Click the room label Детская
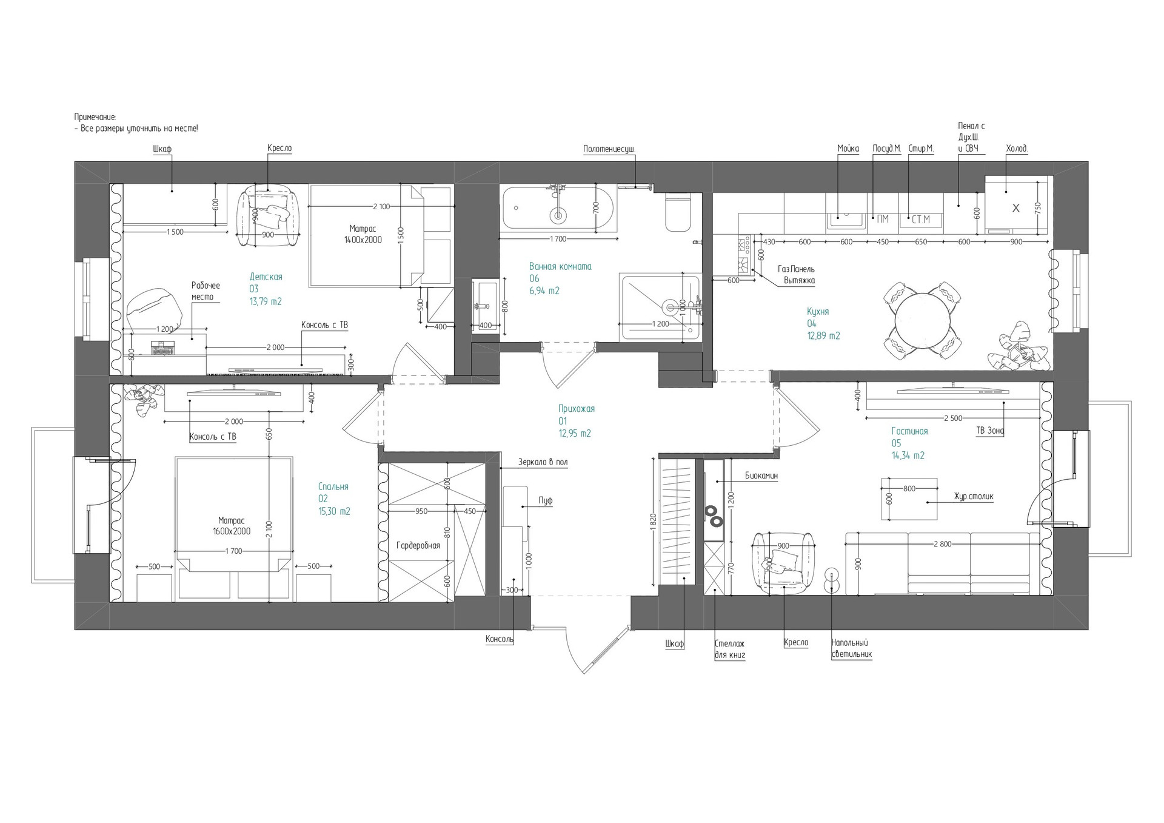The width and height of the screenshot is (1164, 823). tap(266, 277)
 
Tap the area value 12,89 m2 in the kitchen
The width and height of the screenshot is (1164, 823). tap(823, 335)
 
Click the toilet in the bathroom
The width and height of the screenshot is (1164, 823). tap(678, 212)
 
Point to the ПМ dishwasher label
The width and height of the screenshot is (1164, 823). tap(882, 219)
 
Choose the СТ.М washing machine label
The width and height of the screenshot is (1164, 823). tap(920, 220)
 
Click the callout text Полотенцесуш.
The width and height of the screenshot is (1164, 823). tap(609, 149)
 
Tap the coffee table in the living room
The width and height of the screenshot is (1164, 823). tap(909, 499)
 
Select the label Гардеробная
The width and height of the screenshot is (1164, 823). tap(418, 545)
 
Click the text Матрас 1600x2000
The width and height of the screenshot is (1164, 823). tap(231, 525)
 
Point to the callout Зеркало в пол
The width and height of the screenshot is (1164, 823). tap(543, 462)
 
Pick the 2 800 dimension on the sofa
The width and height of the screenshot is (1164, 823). tap(942, 544)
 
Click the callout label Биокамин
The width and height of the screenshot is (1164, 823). tap(761, 475)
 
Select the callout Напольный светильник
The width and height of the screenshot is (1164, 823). tap(851, 648)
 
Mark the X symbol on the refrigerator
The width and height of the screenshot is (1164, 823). tap(1016, 208)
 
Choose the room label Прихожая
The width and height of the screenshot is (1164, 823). tap(576, 409)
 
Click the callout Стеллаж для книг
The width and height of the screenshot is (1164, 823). tap(730, 649)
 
